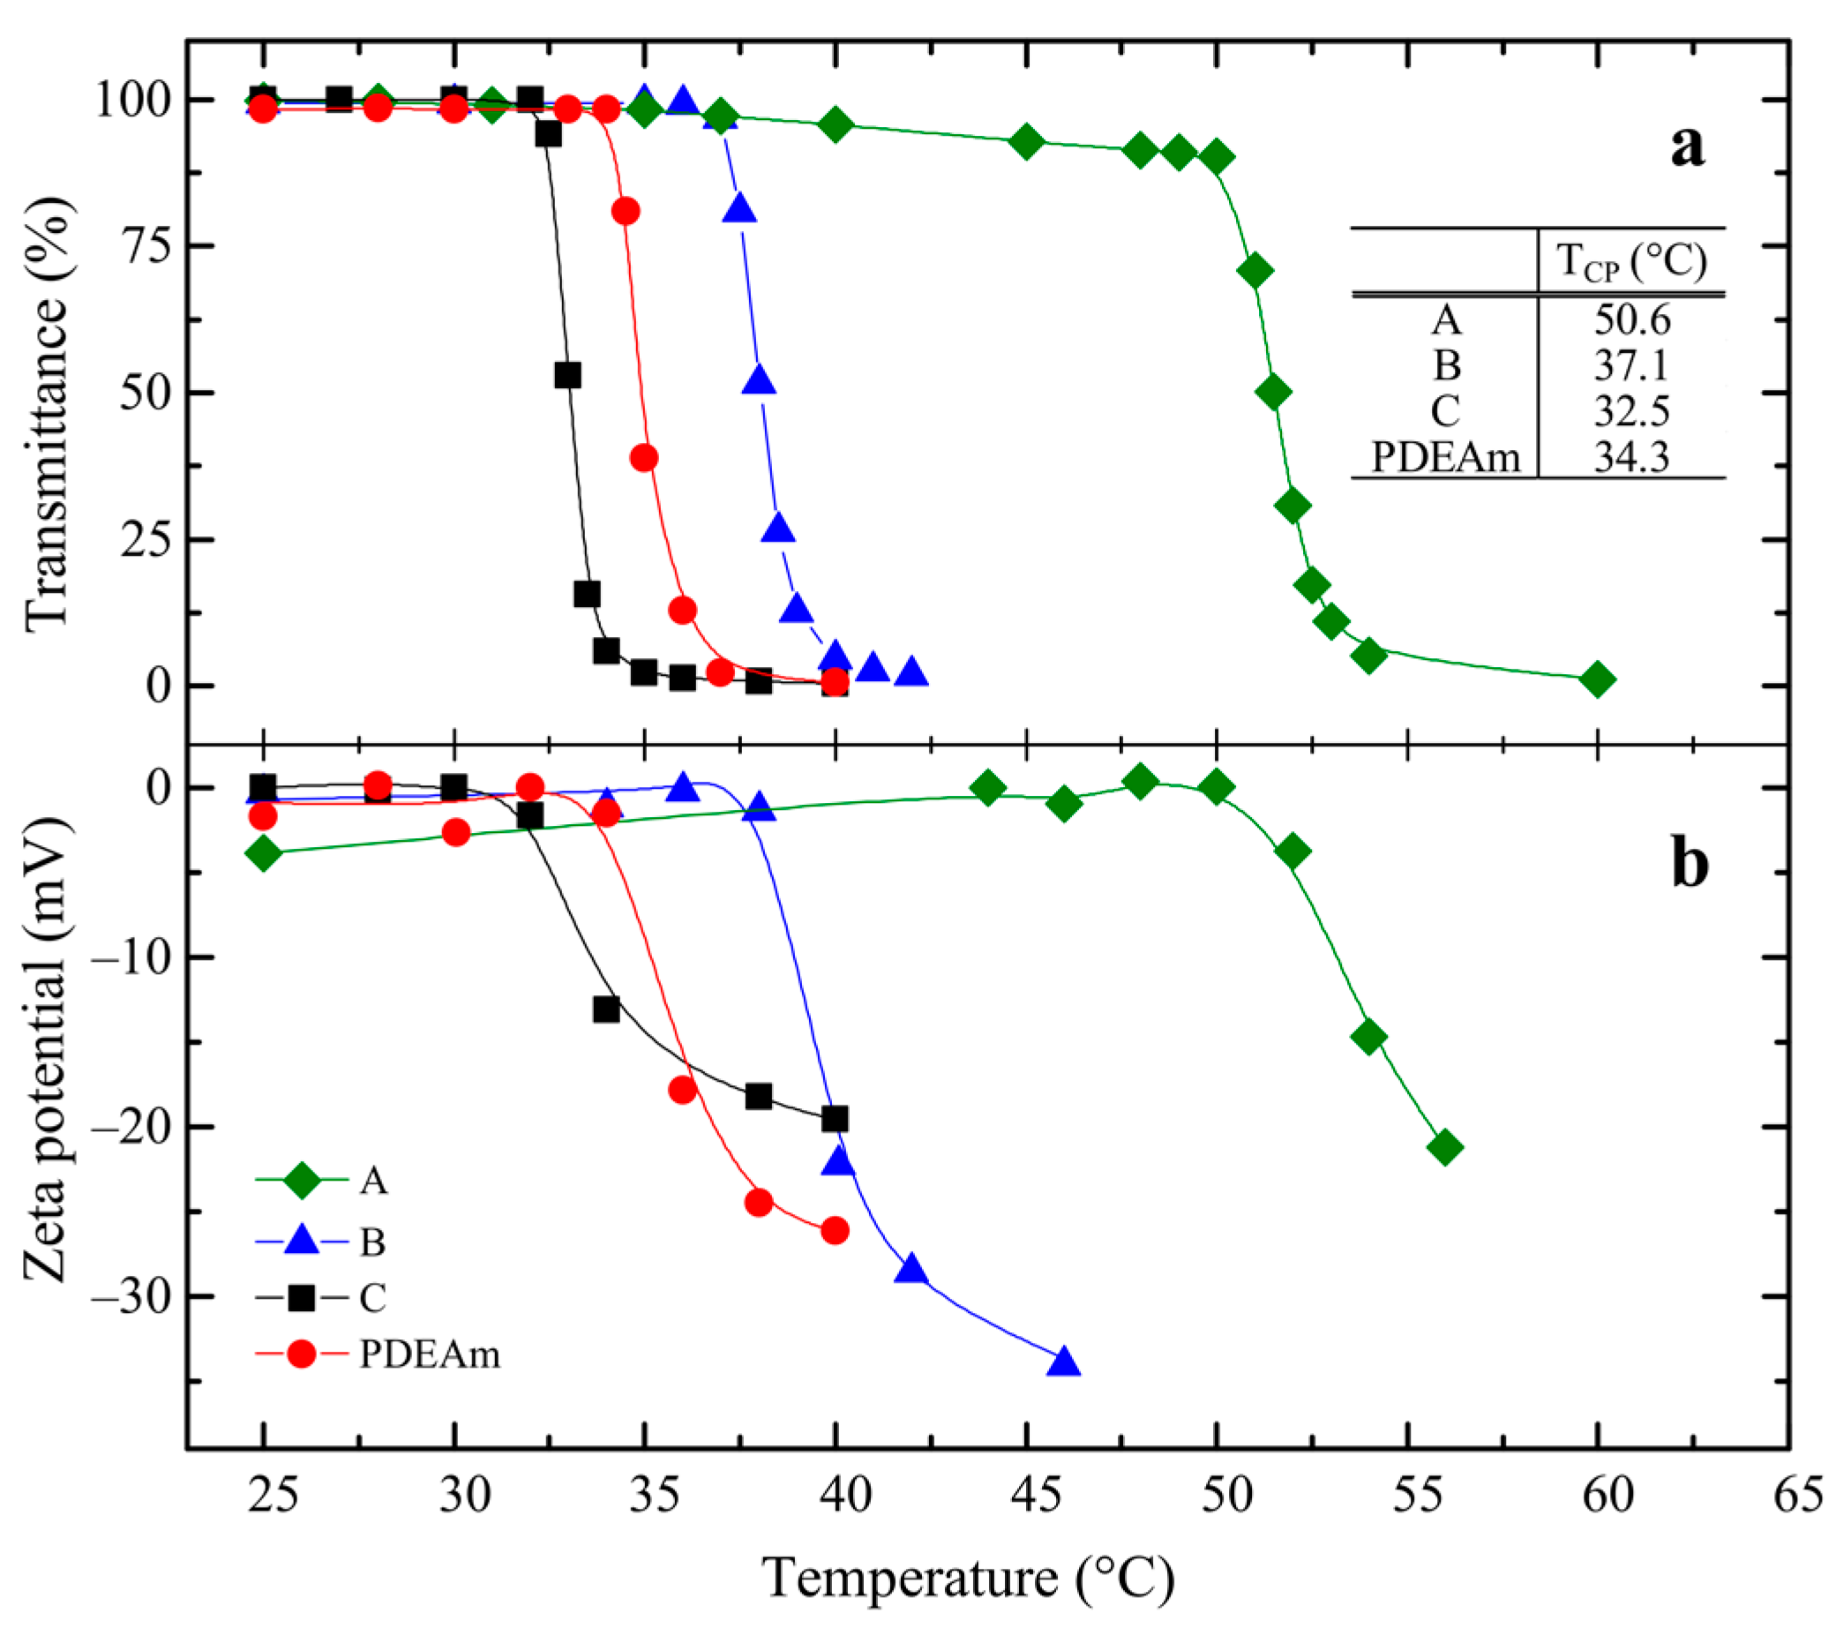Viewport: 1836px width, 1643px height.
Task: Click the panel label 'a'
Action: click(x=1687, y=146)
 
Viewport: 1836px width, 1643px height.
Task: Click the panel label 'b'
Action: click(x=1690, y=865)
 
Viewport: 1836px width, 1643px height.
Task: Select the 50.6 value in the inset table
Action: click(x=1632, y=319)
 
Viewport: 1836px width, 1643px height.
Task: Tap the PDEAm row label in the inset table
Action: click(x=1445, y=457)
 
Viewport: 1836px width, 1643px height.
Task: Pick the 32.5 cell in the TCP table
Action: click(x=1632, y=412)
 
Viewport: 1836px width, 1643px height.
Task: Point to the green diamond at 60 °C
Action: click(x=1598, y=679)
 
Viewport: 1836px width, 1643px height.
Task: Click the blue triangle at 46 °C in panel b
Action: click(x=1064, y=1362)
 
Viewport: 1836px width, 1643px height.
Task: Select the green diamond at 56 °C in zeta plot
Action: click(x=1445, y=1147)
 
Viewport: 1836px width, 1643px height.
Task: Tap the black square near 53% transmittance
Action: click(x=567, y=375)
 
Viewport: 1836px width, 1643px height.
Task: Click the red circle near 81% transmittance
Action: click(x=626, y=211)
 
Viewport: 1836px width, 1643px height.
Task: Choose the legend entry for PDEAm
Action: click(x=429, y=1354)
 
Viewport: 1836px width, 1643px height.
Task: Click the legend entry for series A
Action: click(x=373, y=1180)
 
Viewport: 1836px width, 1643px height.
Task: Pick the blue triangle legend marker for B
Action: click(x=302, y=1241)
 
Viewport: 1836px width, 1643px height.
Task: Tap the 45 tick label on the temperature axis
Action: click(x=1026, y=1495)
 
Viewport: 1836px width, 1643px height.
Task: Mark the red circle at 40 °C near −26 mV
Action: click(x=835, y=1230)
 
